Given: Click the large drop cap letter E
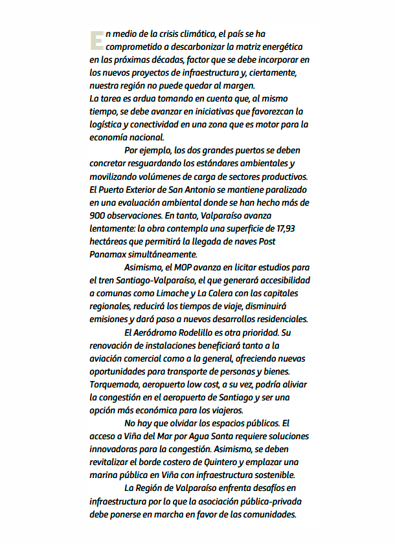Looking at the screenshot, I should click(96, 41).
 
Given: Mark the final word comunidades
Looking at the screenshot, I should click(269, 514).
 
